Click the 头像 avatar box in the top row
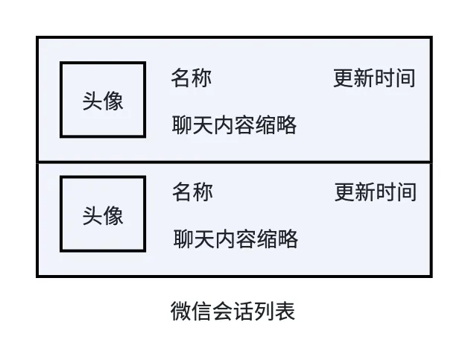103,100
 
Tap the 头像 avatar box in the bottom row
103,214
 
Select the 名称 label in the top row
192,78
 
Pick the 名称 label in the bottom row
192,192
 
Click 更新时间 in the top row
374,78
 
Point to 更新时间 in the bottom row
375,192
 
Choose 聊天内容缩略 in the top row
235,125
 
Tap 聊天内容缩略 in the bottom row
235,239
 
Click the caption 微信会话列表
233,311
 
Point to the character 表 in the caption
285,311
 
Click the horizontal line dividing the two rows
234,162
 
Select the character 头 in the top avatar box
92,101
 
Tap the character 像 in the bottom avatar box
113,216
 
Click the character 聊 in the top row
183,125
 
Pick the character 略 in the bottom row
288,239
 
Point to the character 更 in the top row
344,78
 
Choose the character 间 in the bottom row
406,192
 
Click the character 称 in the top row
202,78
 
